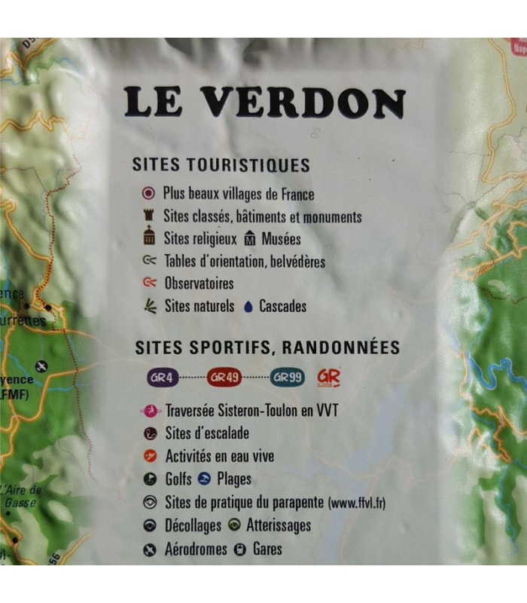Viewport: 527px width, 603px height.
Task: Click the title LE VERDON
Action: point(264,103)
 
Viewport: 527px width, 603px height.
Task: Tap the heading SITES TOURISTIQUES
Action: point(221,165)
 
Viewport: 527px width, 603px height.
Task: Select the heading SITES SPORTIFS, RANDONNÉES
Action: point(267,347)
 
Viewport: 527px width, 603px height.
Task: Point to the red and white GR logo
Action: point(329,377)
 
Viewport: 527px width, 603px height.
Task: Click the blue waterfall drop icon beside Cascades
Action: point(248,307)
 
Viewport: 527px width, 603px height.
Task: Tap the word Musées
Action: point(281,240)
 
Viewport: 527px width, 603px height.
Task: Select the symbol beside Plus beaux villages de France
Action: point(148,194)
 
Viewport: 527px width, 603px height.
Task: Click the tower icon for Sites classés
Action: point(148,217)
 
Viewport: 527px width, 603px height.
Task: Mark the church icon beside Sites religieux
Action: point(148,238)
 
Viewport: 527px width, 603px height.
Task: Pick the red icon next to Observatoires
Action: point(149,283)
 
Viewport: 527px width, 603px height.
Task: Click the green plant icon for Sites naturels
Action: point(149,306)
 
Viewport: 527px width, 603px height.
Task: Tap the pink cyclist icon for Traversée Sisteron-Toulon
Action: point(151,412)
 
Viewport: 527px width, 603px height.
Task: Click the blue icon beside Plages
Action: point(204,479)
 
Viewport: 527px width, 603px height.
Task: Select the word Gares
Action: point(267,549)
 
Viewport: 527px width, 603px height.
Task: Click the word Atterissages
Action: point(279,525)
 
